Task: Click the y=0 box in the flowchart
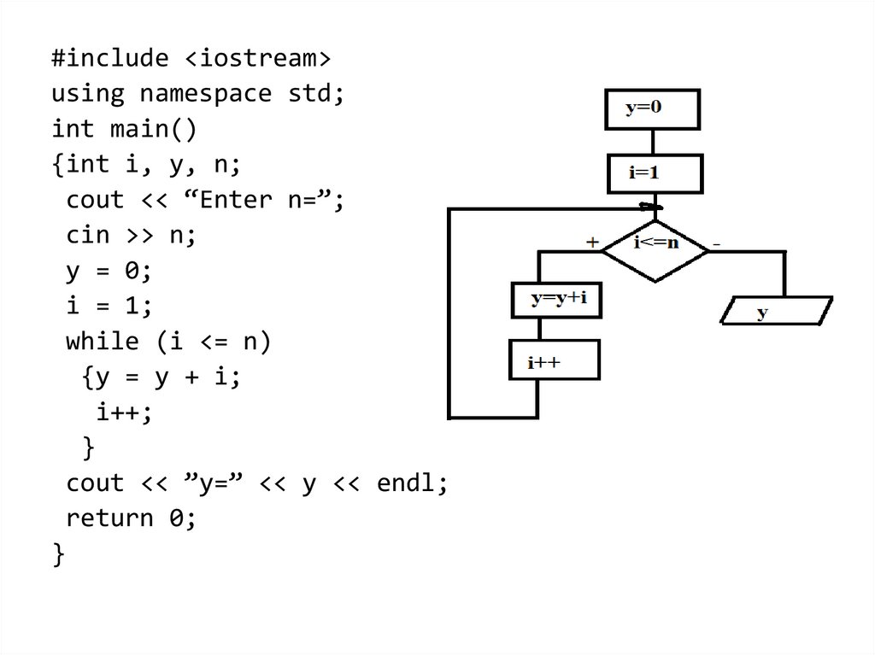[652, 110]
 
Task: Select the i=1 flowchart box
[655, 173]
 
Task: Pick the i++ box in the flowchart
[555, 362]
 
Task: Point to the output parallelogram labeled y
[776, 311]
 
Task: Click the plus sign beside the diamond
[592, 243]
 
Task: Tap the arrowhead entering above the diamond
[652, 207]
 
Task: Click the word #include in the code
[109, 59]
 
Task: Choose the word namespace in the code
[205, 93]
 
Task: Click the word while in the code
[102, 342]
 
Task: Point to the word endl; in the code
[412, 483]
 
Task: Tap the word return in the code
[109, 518]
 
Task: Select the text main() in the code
[153, 129]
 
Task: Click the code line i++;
[124, 412]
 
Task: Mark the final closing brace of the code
[58, 554]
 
